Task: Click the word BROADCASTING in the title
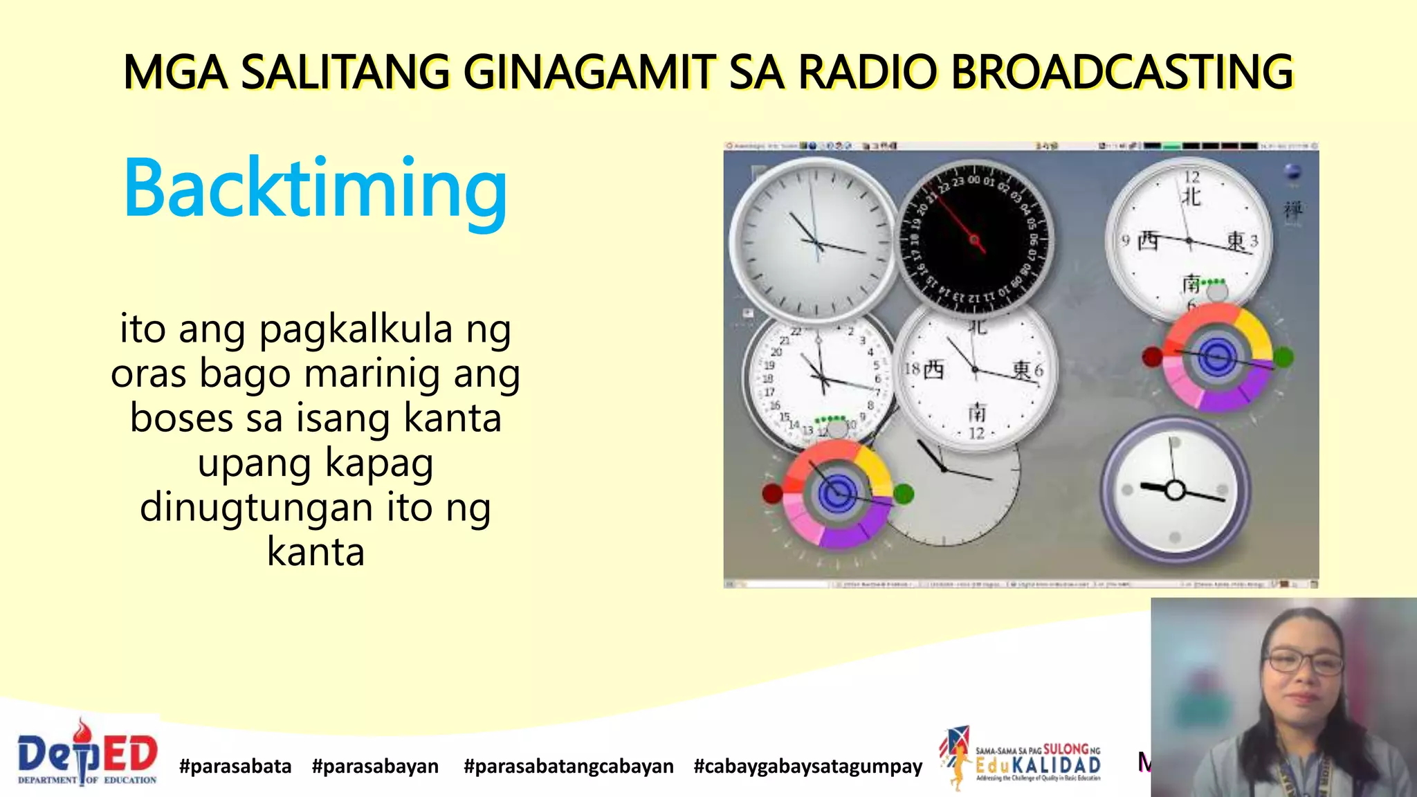tap(1122, 72)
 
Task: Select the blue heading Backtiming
tap(316, 188)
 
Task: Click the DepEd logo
tap(87, 754)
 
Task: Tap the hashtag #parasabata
tap(235, 767)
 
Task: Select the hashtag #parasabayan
tap(375, 767)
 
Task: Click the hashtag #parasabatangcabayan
tap(568, 767)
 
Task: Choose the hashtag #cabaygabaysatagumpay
tap(807, 767)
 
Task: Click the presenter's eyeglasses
tap(1305, 663)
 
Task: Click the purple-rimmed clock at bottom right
tap(1175, 490)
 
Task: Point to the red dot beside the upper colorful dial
tap(1151, 357)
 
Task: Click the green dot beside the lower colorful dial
tap(904, 493)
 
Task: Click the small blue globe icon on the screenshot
tap(1292, 172)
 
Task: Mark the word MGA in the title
tap(175, 72)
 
